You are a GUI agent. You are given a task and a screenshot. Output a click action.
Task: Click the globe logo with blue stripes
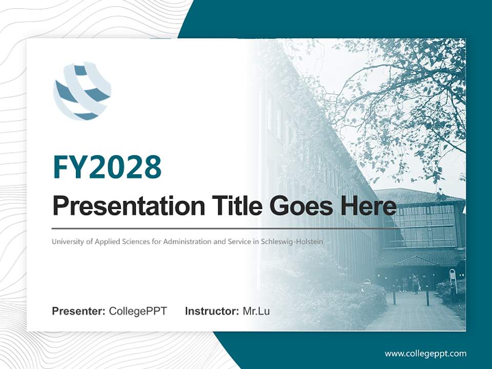pyautogui.click(x=82, y=91)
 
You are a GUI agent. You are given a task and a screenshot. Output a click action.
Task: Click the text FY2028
pyautogui.click(x=107, y=167)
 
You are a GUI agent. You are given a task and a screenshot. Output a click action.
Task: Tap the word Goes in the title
pyautogui.click(x=299, y=206)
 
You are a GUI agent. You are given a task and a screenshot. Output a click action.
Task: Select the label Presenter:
pyautogui.click(x=79, y=311)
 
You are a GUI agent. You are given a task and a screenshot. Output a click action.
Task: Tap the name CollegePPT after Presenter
pyautogui.click(x=138, y=311)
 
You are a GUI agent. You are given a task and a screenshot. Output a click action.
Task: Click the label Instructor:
pyautogui.click(x=212, y=311)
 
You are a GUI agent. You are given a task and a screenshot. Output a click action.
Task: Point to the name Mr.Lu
pyautogui.click(x=256, y=311)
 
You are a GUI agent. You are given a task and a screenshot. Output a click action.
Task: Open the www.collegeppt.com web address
pyautogui.click(x=425, y=353)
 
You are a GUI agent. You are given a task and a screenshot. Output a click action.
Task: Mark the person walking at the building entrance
pyautogui.click(x=415, y=284)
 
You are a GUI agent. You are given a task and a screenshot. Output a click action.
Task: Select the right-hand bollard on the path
pyautogui.click(x=427, y=297)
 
